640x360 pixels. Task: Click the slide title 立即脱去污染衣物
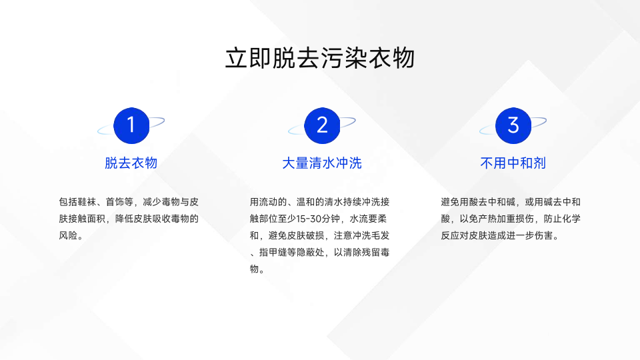320,58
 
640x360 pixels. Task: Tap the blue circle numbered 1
131,125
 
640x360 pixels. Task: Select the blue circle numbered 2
322,125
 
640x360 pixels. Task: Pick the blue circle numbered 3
513,125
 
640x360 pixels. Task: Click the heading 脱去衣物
131,163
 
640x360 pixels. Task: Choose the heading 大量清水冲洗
322,163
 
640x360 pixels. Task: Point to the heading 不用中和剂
513,163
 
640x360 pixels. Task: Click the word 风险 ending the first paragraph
68,235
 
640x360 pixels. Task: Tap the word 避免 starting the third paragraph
450,202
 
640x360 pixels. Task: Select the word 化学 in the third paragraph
571,219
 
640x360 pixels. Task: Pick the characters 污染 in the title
344,58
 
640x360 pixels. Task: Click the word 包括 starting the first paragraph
68,202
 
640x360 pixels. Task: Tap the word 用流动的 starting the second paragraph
269,202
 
